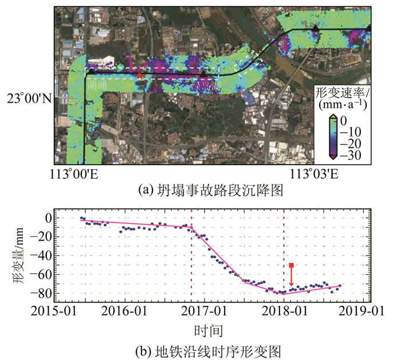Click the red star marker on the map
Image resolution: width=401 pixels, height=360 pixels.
click(x=139, y=76)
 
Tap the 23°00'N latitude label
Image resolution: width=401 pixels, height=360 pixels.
click(x=29, y=98)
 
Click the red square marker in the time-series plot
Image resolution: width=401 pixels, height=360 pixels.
click(x=292, y=265)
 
